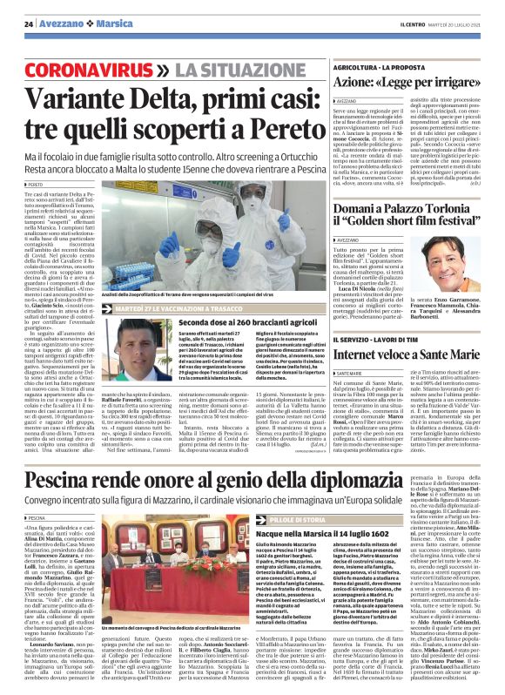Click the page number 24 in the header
28,24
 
